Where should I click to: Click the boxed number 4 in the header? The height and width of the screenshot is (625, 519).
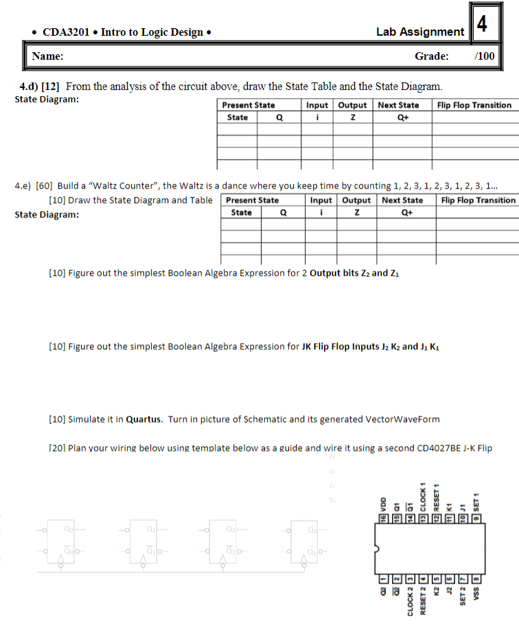point(483,25)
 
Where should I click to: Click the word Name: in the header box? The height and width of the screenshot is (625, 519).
point(48,56)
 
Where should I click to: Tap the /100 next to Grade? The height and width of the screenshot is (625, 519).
point(484,56)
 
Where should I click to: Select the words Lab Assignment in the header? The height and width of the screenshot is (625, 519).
point(419,32)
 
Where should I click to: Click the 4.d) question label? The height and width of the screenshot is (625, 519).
point(28,86)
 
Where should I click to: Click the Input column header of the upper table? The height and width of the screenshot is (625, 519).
point(316,105)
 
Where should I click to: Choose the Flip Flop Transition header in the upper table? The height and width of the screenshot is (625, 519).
point(474,105)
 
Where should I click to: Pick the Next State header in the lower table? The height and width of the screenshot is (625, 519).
point(402,200)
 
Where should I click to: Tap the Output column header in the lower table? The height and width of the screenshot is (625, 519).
point(356,200)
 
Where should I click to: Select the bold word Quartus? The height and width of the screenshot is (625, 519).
point(145,419)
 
